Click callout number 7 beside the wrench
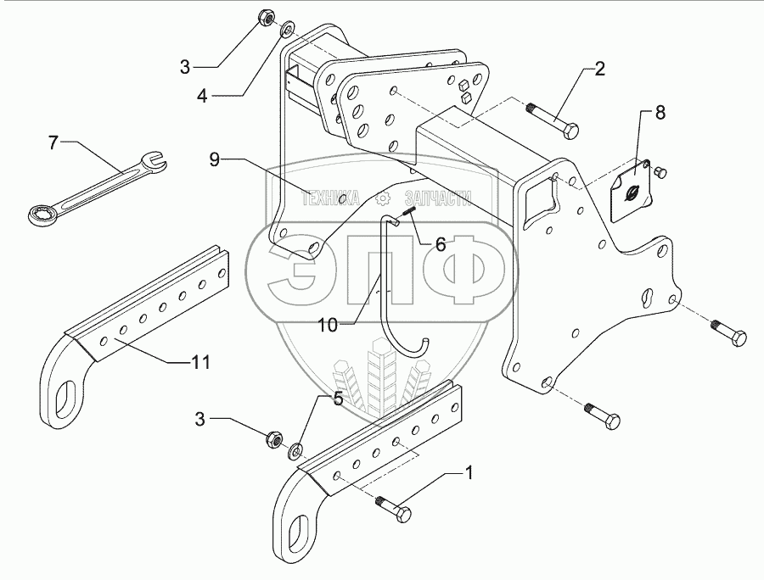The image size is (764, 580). click(x=53, y=142)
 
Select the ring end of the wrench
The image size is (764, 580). click(x=37, y=215)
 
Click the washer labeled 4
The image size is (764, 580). click(x=286, y=31)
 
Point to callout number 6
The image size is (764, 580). click(x=440, y=244)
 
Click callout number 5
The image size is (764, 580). click(x=337, y=399)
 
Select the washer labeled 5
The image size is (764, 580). click(x=299, y=450)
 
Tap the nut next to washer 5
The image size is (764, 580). click(x=273, y=438)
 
